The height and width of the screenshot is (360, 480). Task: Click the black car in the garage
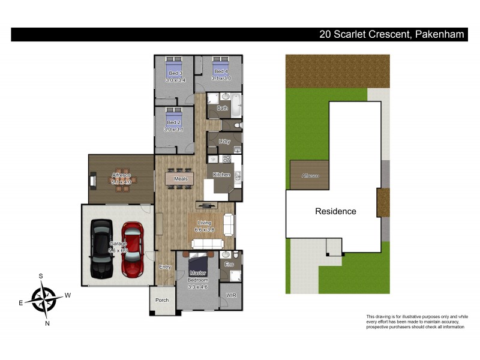[x=101, y=248]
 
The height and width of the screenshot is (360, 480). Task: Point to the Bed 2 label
[x=174, y=122]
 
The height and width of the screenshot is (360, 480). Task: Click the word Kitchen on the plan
[x=222, y=175]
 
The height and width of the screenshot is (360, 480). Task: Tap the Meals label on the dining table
[x=181, y=179]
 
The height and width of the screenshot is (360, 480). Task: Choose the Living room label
[x=204, y=223]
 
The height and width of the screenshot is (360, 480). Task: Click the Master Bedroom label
[x=197, y=277]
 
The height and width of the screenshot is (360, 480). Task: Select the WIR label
[x=231, y=296]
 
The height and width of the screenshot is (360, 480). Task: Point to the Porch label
[x=162, y=300]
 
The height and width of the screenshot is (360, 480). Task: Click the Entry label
[x=165, y=267]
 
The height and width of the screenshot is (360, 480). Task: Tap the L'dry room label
[x=225, y=142]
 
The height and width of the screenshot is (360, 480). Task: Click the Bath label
[x=223, y=109]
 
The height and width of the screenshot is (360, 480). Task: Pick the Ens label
[x=229, y=264]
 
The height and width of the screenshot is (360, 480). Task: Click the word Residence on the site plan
[x=336, y=211]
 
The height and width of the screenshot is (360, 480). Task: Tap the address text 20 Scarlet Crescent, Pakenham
[x=392, y=35]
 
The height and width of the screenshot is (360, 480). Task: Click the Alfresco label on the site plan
[x=310, y=176]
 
